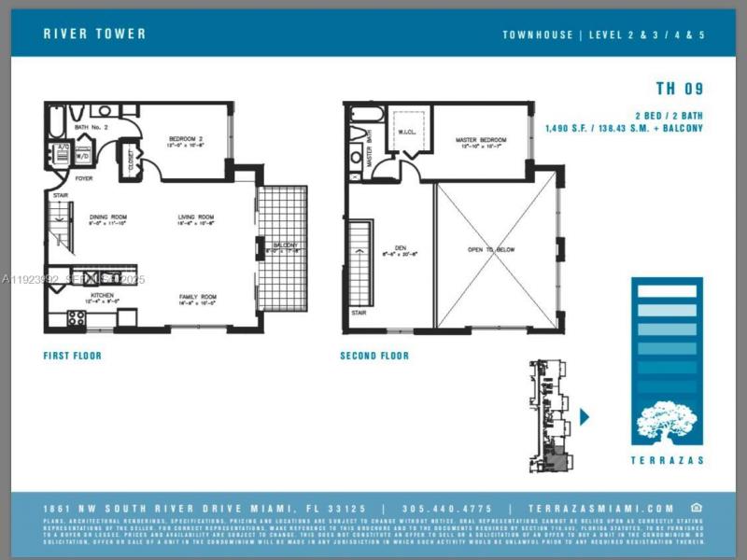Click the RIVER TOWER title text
[94, 34]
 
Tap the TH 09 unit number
[679, 90]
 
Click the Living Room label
[197, 218]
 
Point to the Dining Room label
[107, 218]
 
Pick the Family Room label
[197, 298]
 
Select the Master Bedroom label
[481, 140]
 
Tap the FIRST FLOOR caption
[72, 356]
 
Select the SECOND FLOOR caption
[374, 356]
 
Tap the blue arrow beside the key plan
[585, 416]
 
